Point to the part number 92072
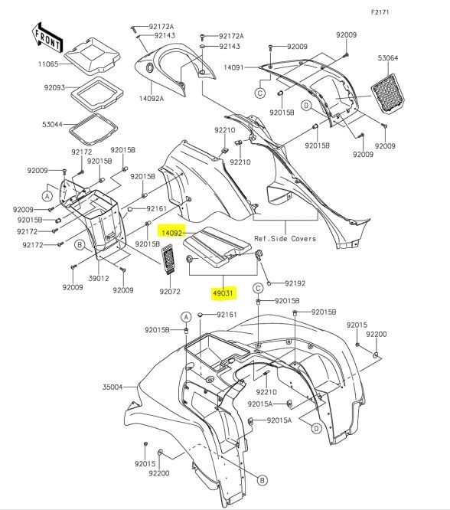click(x=170, y=291)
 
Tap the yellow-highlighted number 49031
click(x=223, y=292)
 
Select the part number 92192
click(x=294, y=283)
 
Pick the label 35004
click(x=113, y=387)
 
